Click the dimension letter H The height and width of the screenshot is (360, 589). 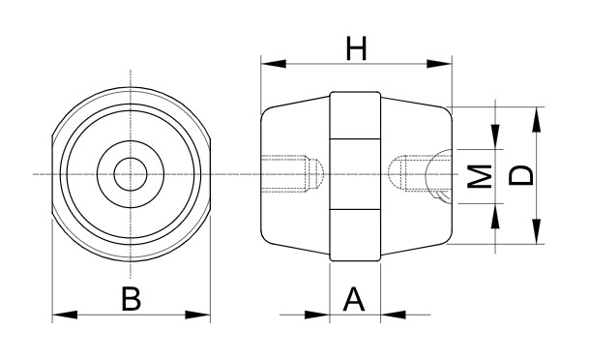356,48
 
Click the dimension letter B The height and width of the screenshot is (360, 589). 132,299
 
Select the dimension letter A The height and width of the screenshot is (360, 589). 354,299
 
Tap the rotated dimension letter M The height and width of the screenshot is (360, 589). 480,176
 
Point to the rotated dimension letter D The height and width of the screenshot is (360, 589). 520,175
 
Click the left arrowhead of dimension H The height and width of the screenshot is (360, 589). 274,64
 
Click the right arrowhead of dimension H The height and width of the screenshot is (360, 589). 439,64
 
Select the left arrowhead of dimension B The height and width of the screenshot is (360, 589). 65,315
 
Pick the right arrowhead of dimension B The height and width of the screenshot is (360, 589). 197,315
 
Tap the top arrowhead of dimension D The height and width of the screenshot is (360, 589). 537,119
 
